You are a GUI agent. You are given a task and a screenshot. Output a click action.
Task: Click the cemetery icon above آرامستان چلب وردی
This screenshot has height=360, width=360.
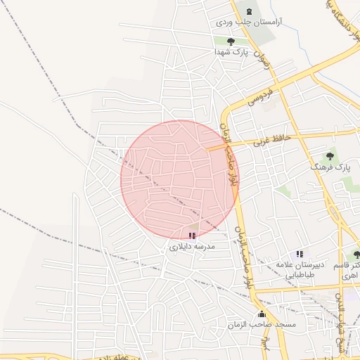(247, 10)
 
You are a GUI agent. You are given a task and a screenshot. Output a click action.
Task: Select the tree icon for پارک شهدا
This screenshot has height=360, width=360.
(231, 41)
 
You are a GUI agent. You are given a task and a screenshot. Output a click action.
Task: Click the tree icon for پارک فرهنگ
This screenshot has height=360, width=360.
(330, 156)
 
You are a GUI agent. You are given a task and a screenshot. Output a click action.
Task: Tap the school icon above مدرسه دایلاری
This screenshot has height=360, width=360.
(192, 236)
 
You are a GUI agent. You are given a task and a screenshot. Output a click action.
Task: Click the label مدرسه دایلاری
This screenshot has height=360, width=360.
(191, 247)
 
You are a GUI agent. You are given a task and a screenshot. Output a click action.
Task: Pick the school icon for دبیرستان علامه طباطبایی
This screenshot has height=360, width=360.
(300, 254)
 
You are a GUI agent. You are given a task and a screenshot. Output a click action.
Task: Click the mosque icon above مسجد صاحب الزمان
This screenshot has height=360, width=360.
(262, 314)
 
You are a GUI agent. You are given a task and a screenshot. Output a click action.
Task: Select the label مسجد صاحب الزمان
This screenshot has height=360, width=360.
(261, 325)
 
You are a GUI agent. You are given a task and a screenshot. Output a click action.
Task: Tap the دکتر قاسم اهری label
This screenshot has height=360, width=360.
(349, 270)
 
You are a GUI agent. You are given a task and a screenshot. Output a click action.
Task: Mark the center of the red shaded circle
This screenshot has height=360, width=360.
(180, 180)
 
